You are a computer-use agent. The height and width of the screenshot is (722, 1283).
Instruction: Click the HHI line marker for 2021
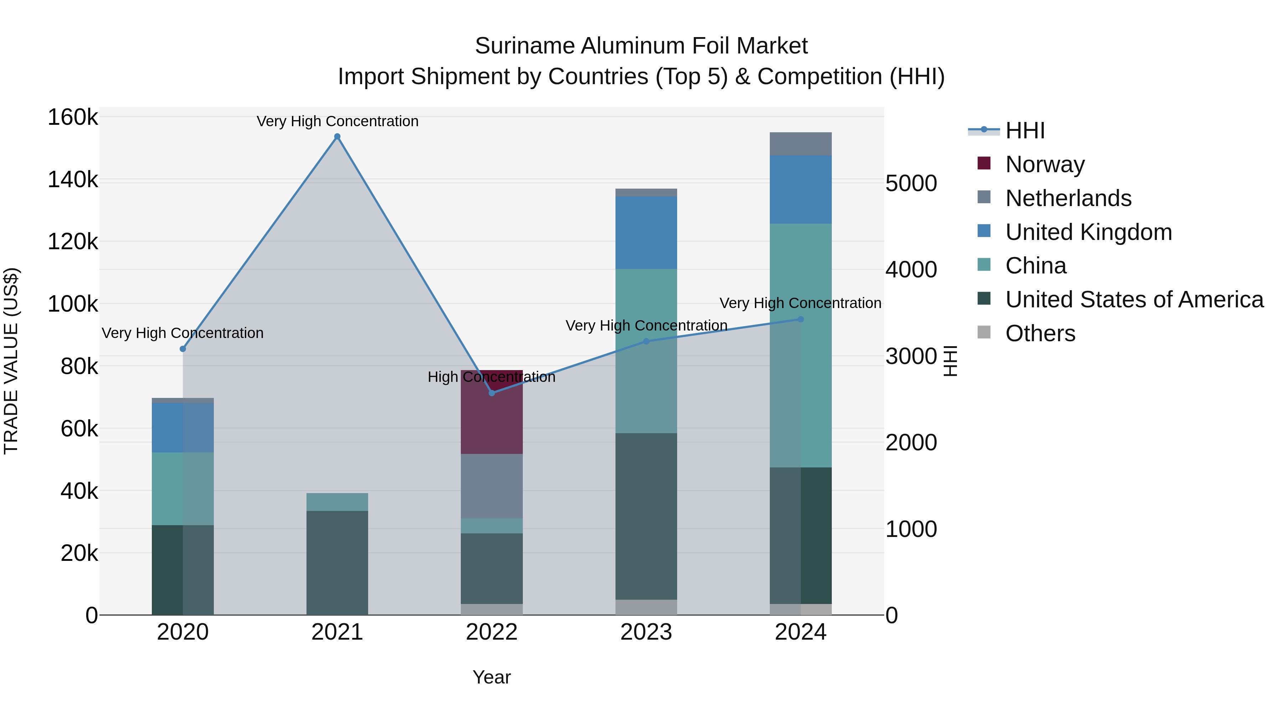coord(337,137)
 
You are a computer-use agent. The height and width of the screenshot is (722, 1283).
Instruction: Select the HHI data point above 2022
coord(491,393)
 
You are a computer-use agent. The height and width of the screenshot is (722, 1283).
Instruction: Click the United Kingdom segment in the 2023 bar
coord(646,233)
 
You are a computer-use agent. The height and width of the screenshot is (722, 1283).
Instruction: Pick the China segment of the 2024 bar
coord(800,345)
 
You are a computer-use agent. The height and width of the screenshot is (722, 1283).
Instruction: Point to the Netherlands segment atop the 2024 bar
coord(800,144)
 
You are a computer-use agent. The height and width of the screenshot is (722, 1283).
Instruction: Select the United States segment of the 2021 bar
coord(337,563)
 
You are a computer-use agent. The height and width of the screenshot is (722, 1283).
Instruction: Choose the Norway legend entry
coord(1045,164)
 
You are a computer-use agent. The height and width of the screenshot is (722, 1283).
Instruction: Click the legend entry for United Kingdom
coord(1088,232)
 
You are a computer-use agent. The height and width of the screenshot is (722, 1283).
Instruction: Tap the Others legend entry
coord(1040,333)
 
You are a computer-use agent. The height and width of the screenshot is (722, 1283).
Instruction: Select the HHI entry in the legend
coord(1025,130)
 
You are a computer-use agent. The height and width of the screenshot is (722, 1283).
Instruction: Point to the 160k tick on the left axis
coord(73,118)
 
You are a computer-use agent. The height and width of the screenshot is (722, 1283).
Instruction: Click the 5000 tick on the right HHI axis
coord(911,183)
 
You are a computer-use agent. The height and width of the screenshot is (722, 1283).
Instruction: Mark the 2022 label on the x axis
coord(491,632)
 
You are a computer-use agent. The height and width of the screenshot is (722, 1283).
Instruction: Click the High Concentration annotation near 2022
coord(491,377)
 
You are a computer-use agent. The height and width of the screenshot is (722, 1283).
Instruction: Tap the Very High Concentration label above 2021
coord(337,121)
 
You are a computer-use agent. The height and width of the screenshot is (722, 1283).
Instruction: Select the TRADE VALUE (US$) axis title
coord(11,361)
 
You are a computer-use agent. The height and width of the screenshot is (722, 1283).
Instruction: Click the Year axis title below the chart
coord(491,677)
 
